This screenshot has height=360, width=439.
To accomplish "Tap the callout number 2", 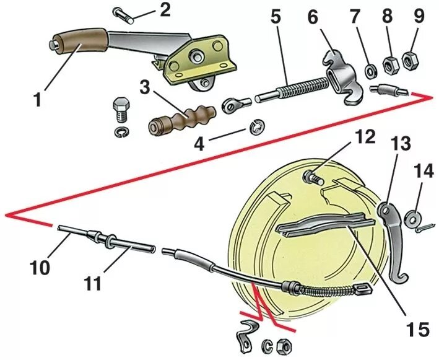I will pos(165,10).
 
